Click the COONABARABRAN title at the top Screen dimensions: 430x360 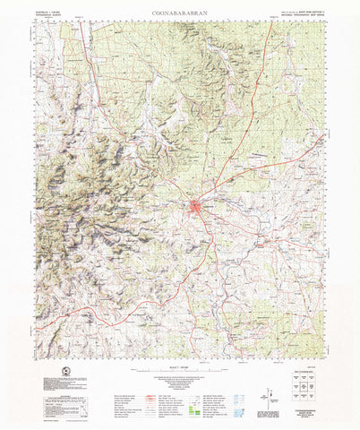[x=180, y=14]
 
